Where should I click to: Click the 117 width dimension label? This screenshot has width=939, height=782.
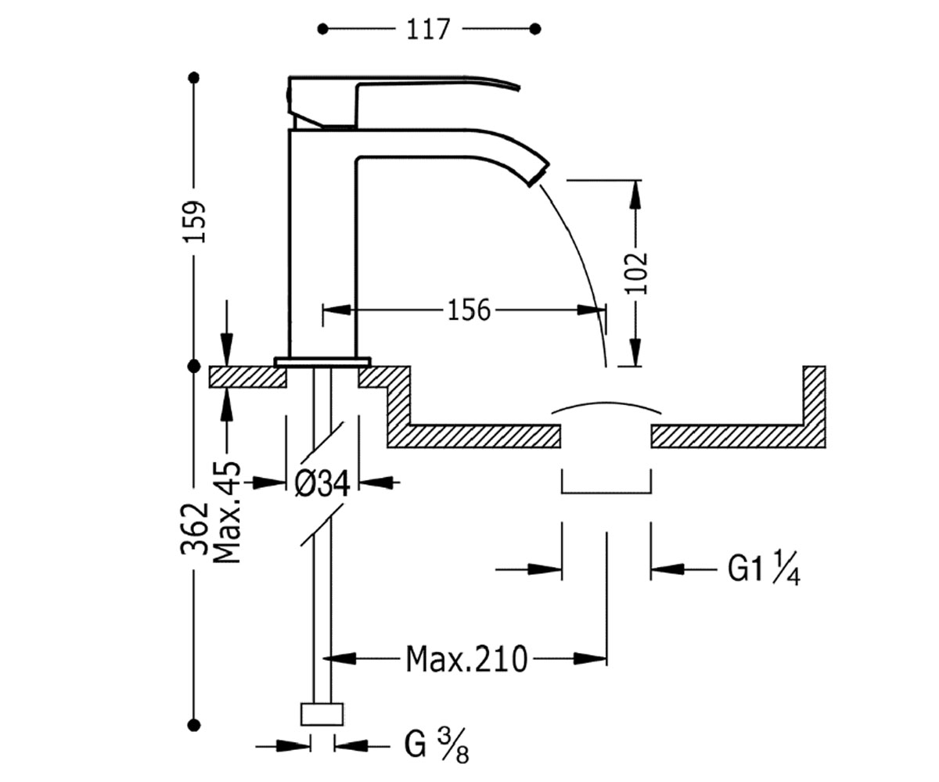pyautogui.click(x=428, y=30)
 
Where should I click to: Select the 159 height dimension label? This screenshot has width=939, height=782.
pyautogui.click(x=194, y=221)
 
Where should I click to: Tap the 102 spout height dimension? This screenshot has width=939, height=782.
pyautogui.click(x=636, y=273)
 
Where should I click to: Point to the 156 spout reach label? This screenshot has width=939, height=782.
pyautogui.click(x=469, y=310)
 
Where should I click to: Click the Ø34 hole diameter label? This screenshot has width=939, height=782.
pyautogui.click(x=322, y=483)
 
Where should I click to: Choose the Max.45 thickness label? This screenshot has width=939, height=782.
pyautogui.click(x=228, y=512)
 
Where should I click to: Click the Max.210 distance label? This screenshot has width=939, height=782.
pyautogui.click(x=466, y=659)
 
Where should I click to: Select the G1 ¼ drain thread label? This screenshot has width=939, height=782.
pyautogui.click(x=764, y=570)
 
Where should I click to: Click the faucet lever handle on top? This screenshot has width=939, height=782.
pyautogui.click(x=403, y=102)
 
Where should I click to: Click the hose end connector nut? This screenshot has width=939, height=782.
pyautogui.click(x=322, y=715)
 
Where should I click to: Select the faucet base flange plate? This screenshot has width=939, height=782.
pyautogui.click(x=322, y=362)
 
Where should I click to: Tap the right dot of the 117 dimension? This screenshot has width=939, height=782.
pyautogui.click(x=534, y=29)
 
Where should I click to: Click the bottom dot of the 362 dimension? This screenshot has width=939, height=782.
pyautogui.click(x=194, y=725)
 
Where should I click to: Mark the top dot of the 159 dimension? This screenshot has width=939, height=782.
pyautogui.click(x=194, y=77)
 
